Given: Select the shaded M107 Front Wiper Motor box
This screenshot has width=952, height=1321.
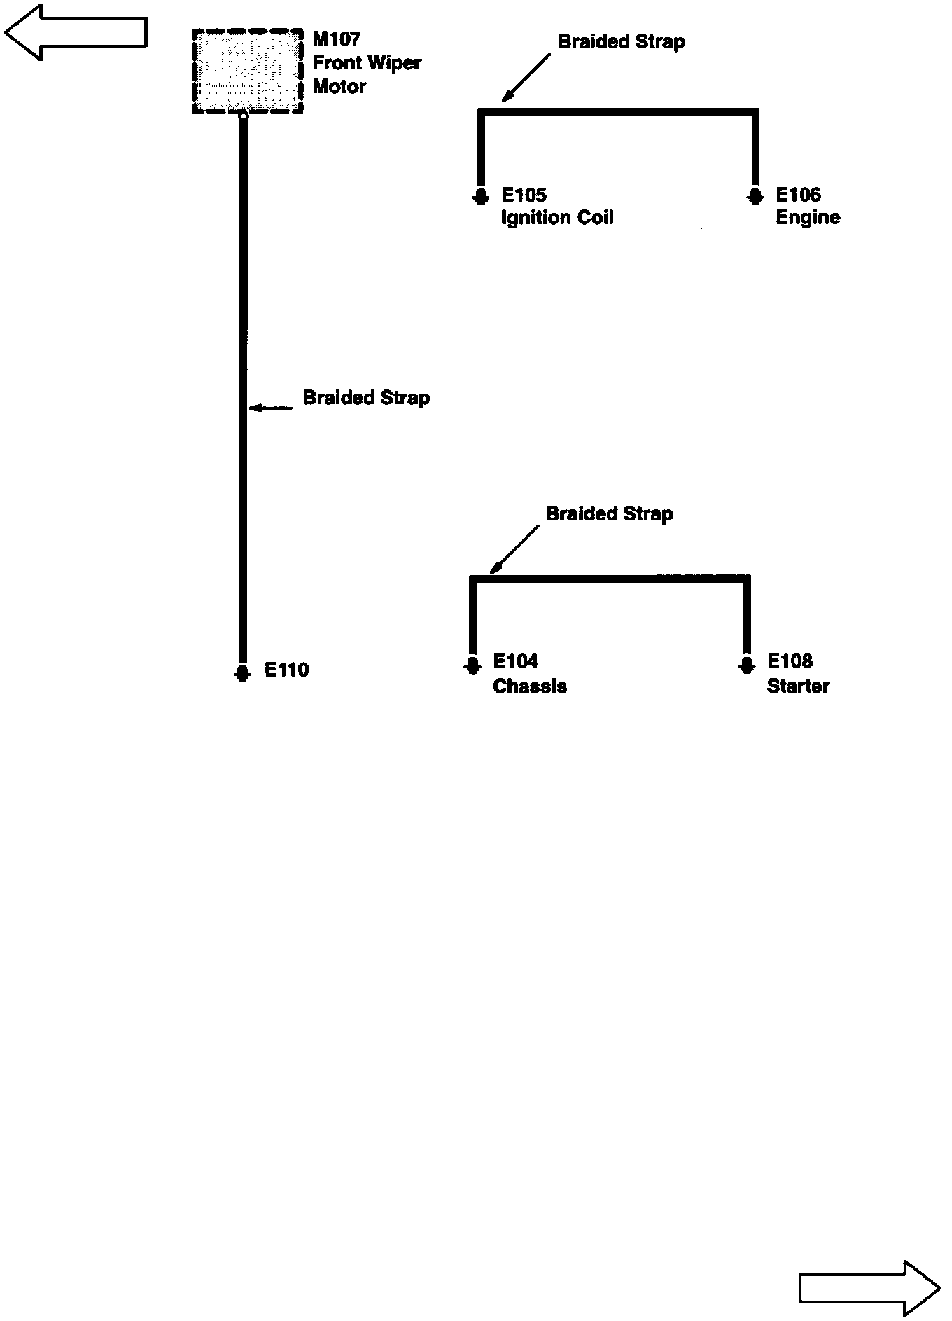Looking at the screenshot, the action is point(248,71).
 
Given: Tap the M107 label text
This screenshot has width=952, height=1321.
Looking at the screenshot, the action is point(337,39).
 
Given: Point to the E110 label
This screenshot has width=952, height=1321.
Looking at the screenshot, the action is point(286,670).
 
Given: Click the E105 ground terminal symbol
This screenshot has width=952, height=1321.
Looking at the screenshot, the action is point(480,196).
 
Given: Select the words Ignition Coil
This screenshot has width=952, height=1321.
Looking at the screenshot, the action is point(557,218).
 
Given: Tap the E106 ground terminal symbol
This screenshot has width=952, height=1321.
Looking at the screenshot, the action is point(754,196).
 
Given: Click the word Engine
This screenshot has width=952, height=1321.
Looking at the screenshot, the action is point(808,218).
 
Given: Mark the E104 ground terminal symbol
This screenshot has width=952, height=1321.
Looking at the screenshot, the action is point(472,664).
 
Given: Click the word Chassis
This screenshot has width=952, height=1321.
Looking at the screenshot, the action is point(530,686).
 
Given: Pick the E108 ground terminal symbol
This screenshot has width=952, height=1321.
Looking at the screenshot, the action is point(747,664).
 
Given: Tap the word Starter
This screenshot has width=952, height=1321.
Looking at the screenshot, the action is point(798,686).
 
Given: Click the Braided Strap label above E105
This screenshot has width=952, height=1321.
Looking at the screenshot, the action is point(621,42).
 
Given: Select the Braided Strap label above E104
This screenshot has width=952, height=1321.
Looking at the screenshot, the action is point(609,514).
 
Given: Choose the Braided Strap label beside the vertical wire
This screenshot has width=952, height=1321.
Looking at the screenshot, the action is point(366,398).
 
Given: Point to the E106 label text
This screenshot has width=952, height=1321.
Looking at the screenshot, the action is point(798,195).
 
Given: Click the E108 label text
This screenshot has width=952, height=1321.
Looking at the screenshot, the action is point(790,661).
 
